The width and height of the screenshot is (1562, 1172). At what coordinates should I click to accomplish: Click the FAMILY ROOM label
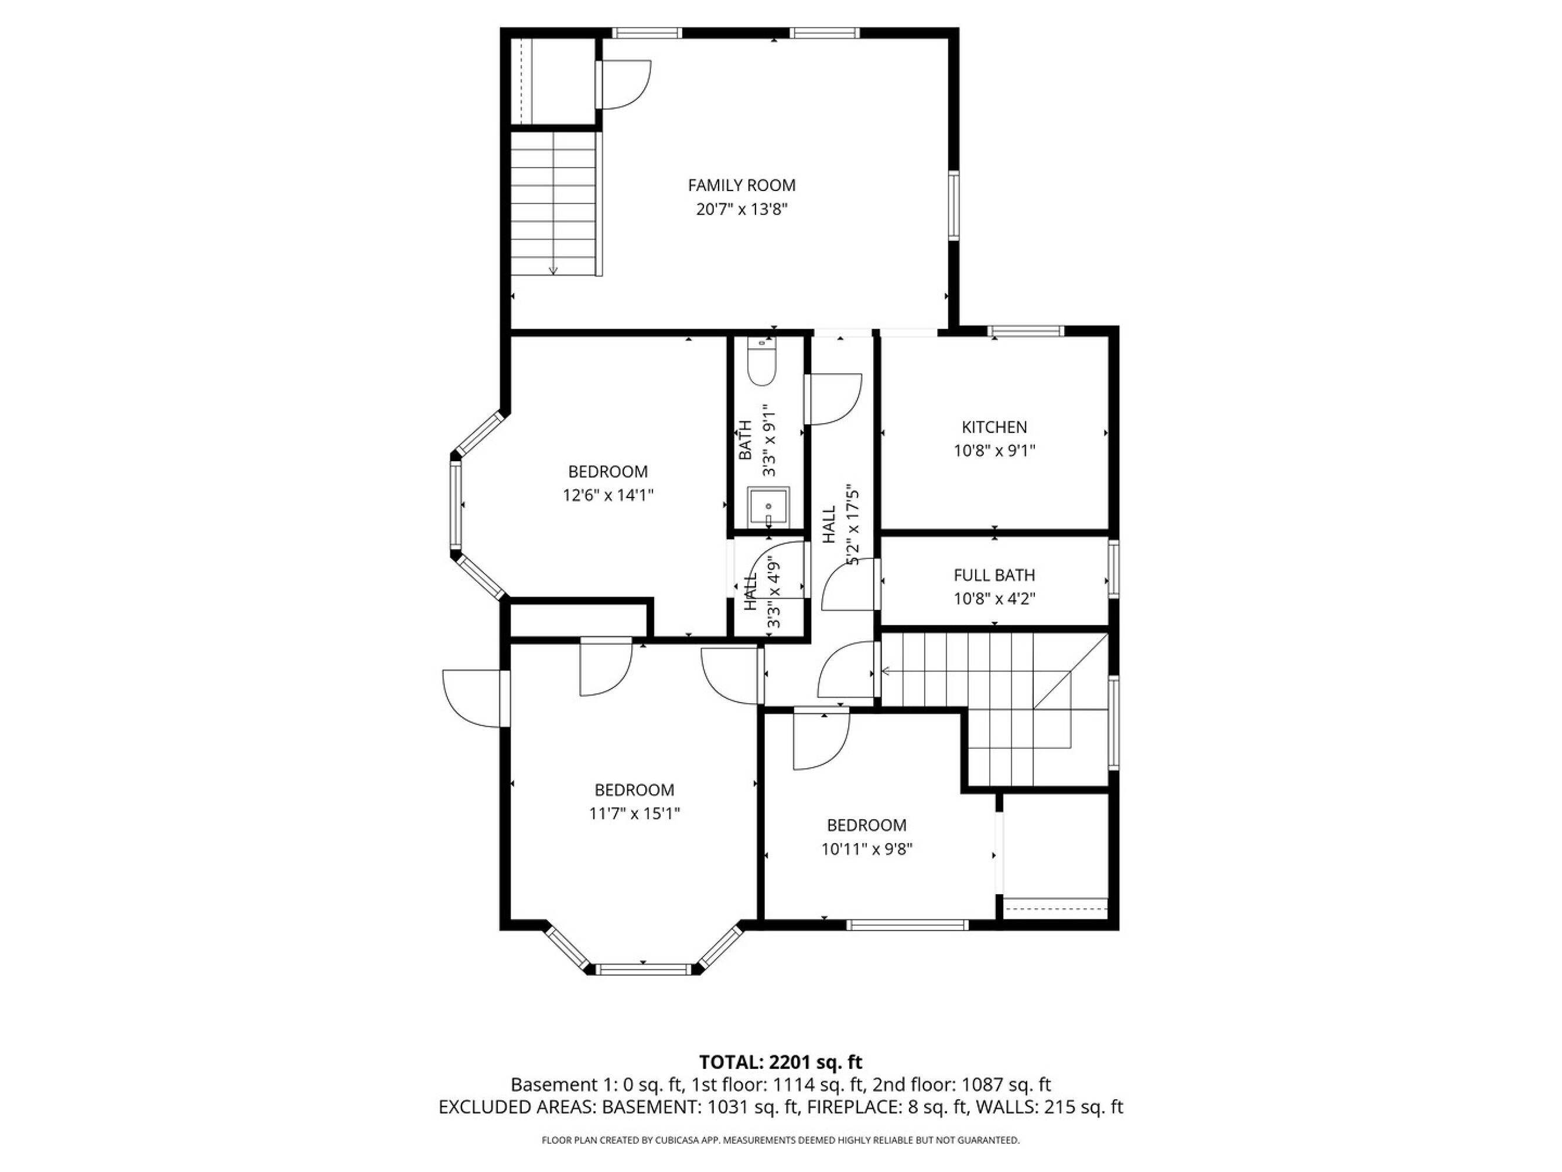tap(741, 185)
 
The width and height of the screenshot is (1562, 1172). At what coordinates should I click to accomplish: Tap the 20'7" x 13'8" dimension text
tap(741, 209)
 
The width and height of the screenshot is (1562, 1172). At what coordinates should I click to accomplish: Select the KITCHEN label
tap(994, 427)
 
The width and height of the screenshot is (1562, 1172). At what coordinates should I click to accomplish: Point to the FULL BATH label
tap(994, 575)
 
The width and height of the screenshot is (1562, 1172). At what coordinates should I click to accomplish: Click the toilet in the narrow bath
tap(762, 361)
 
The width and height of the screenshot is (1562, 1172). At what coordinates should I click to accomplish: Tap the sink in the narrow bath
tap(768, 507)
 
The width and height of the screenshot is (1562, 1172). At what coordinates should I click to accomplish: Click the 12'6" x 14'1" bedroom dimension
tap(608, 495)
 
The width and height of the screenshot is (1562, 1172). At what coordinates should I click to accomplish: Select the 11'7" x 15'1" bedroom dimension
tap(634, 813)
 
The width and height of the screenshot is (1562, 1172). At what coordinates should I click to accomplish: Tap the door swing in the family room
tap(624, 85)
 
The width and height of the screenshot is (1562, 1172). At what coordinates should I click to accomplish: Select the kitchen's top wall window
tap(1026, 331)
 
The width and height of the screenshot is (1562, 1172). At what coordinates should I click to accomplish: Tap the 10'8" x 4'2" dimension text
tap(994, 599)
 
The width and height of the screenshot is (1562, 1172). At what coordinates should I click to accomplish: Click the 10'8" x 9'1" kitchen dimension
tap(994, 451)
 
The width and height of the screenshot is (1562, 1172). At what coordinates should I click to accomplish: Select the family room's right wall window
tap(953, 206)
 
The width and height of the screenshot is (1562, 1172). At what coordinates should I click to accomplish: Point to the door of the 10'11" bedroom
tap(821, 740)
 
